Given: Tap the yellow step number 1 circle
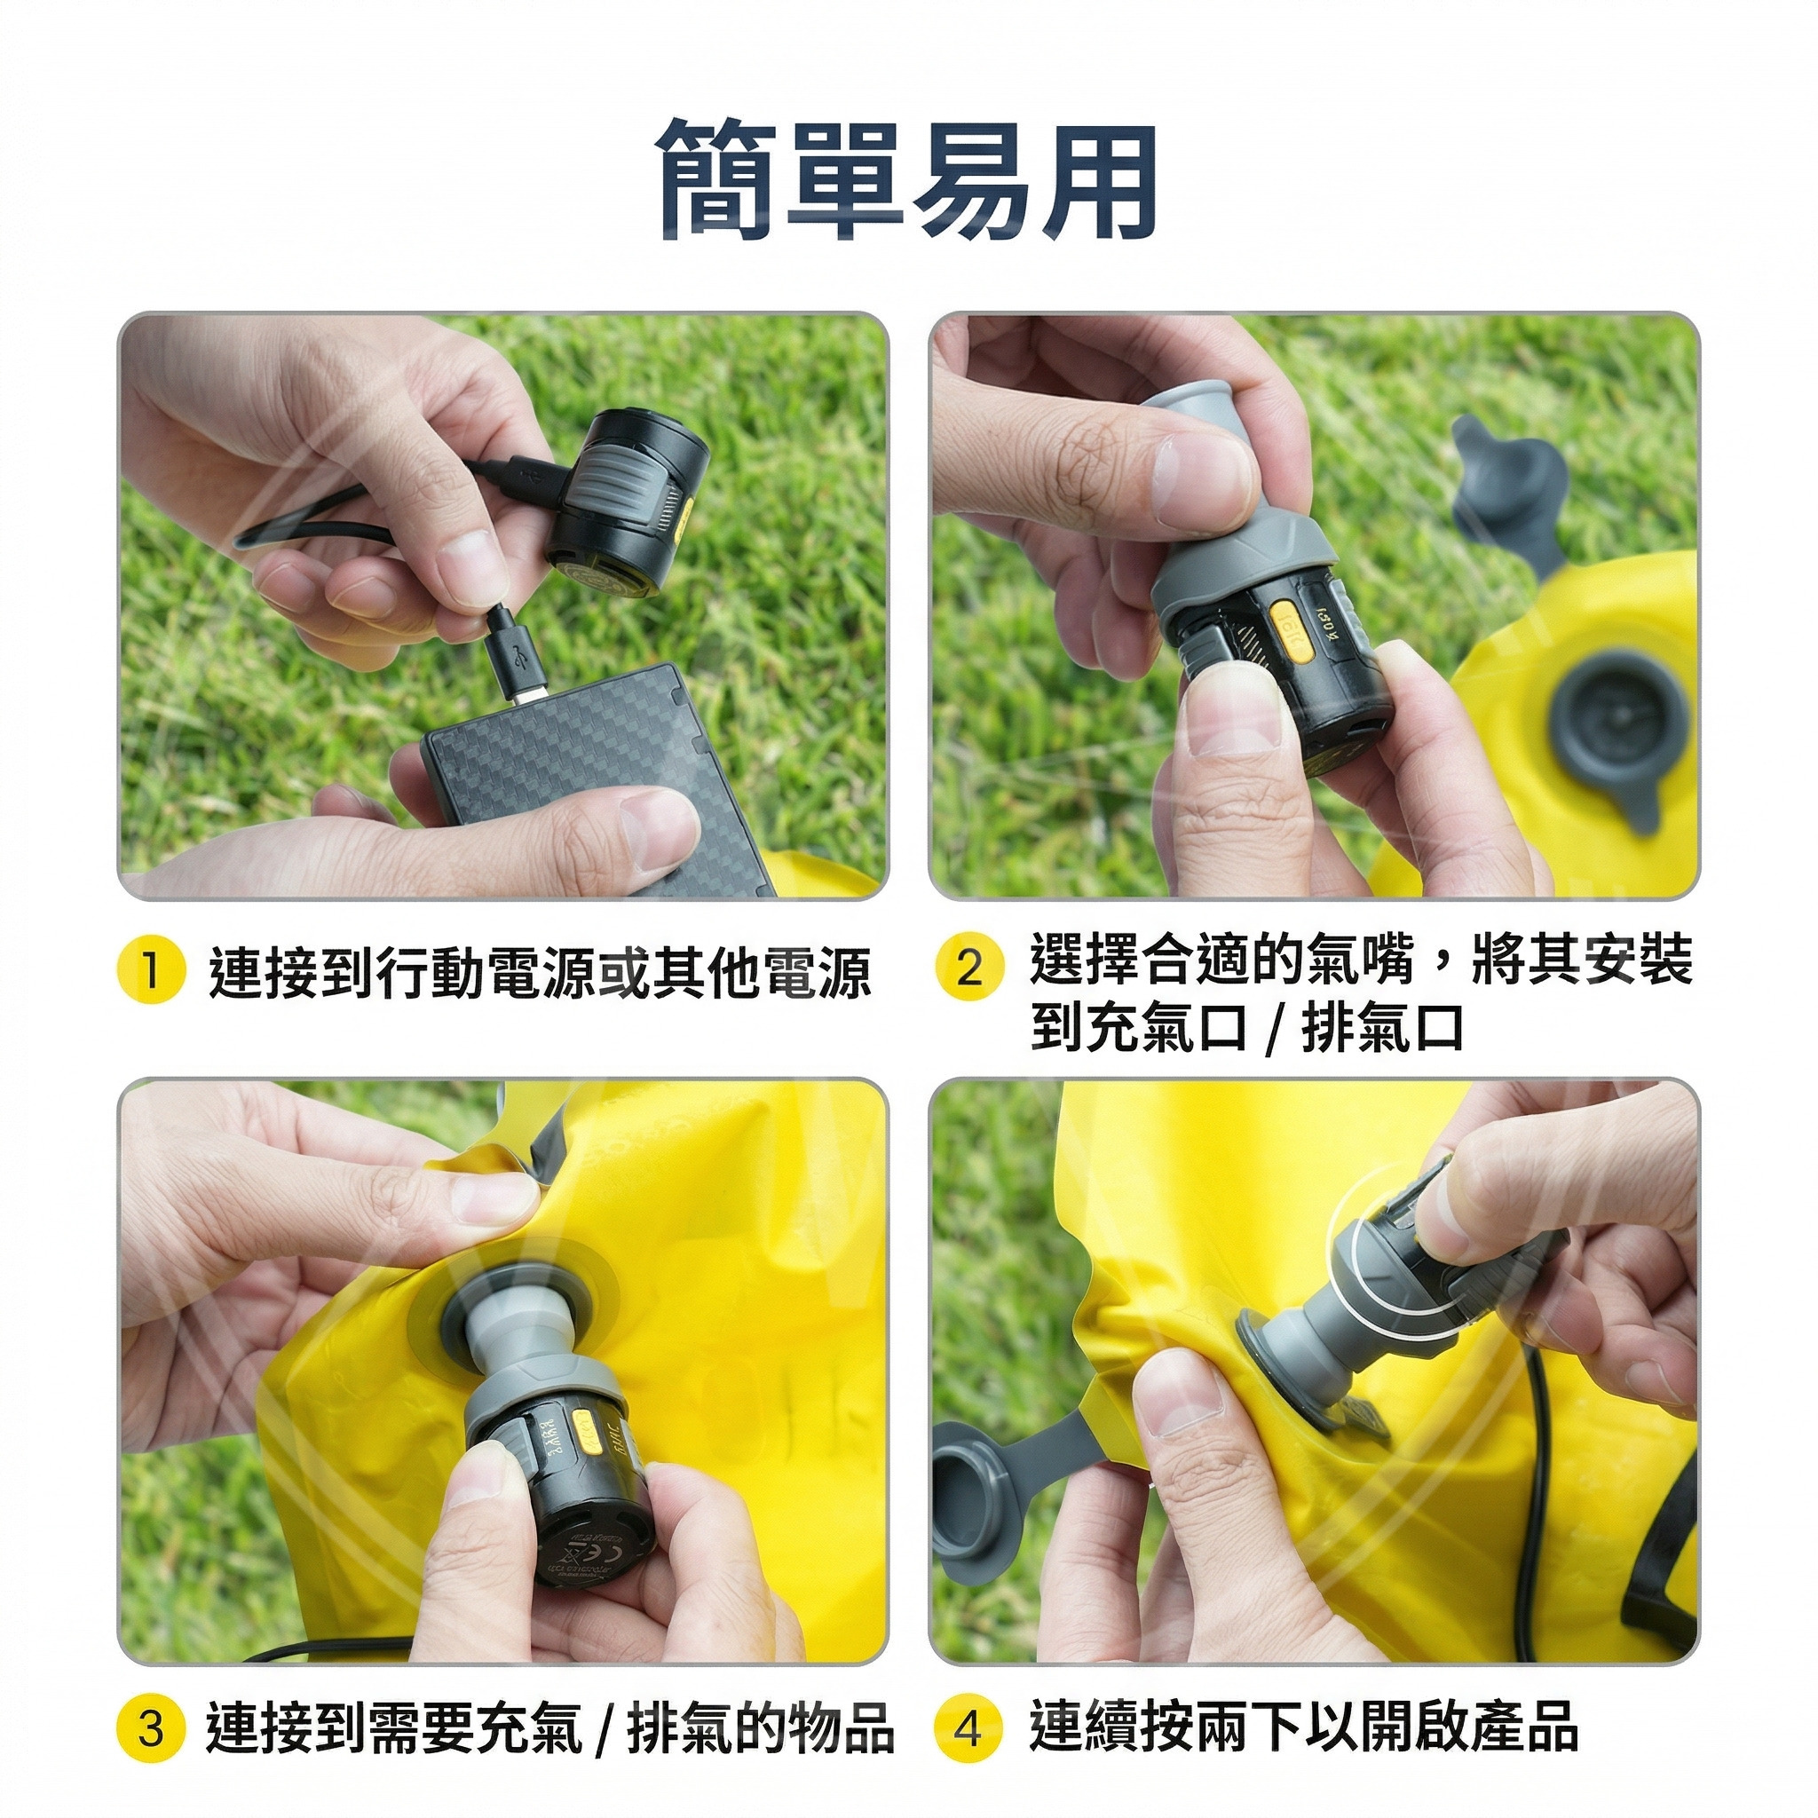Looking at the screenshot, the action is coord(148,971).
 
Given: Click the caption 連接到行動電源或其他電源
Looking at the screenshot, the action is coord(540,972).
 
